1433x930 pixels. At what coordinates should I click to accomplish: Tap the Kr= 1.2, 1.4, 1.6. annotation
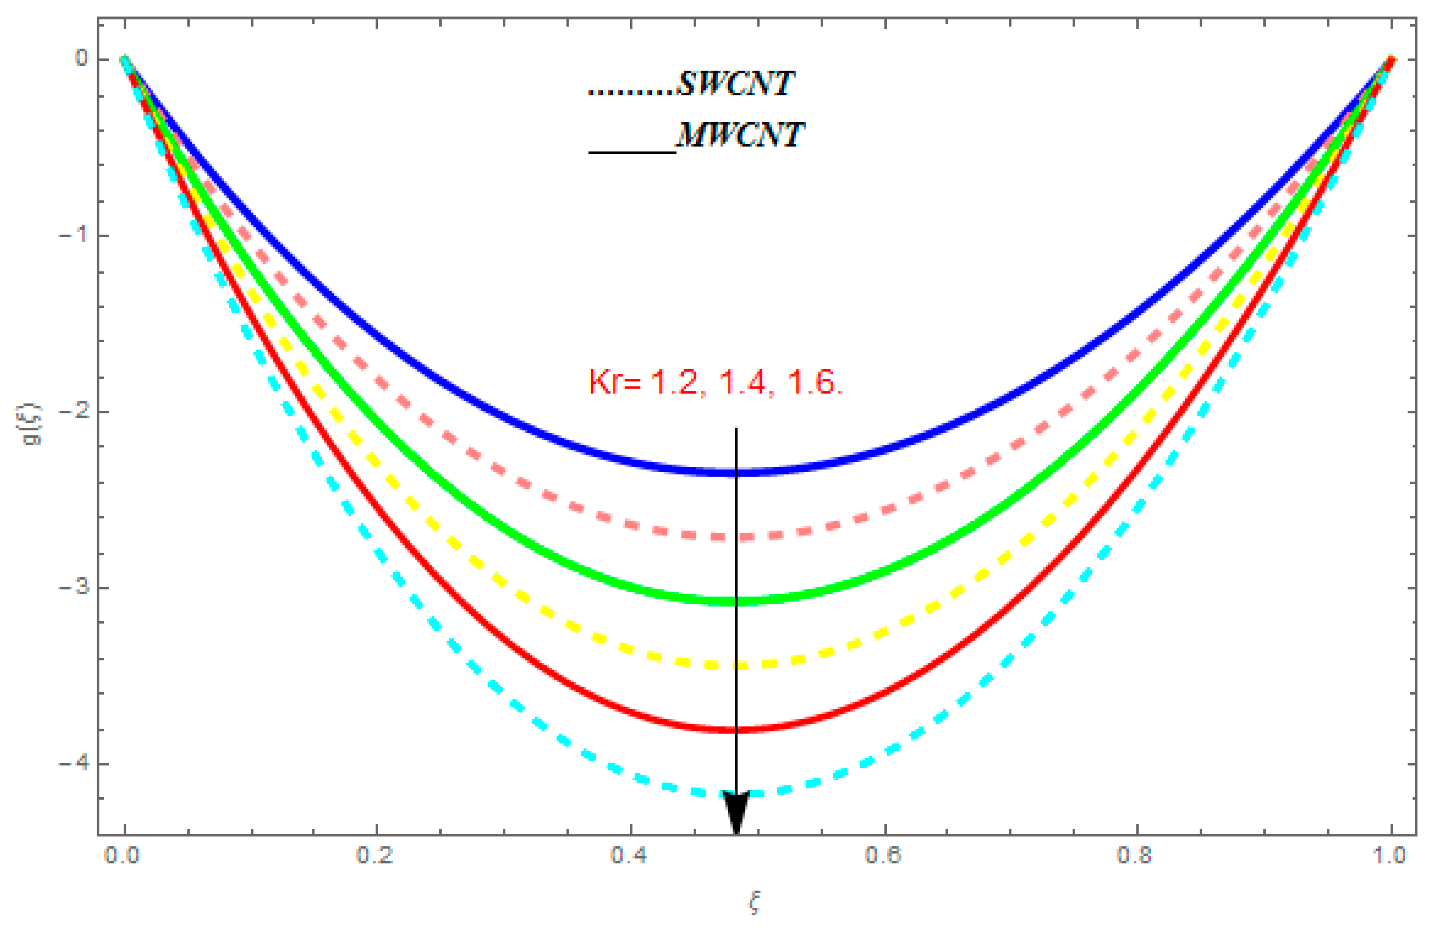(715, 383)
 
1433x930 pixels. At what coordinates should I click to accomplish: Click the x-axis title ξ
(754, 903)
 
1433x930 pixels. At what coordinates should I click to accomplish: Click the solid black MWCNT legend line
(632, 152)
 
